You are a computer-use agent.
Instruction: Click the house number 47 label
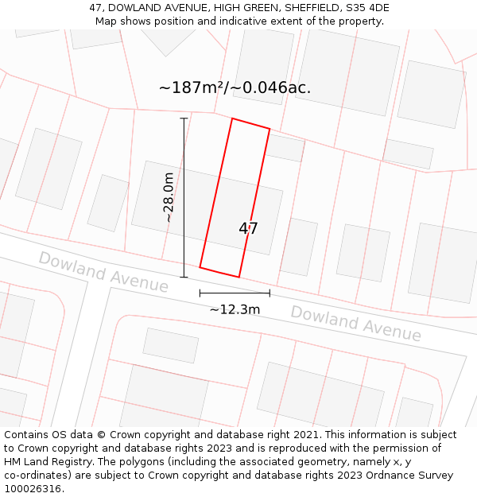pyautogui.click(x=248, y=229)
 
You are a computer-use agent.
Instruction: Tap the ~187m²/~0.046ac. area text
pyautogui.click(x=235, y=88)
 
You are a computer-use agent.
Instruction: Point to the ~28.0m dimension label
pyautogui.click(x=169, y=197)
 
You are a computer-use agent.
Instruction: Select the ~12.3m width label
pyautogui.click(x=235, y=309)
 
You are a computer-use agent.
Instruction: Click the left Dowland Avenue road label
pyautogui.click(x=103, y=272)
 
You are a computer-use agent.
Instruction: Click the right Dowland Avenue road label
pyautogui.click(x=355, y=323)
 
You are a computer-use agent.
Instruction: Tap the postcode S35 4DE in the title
pyautogui.click(x=365, y=8)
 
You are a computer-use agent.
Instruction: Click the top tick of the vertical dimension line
pyautogui.click(x=184, y=118)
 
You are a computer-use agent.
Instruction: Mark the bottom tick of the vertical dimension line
pyautogui.click(x=184, y=278)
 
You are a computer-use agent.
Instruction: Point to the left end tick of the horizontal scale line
pyautogui.click(x=200, y=293)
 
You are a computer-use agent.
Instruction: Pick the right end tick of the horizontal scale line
pyautogui.click(x=270, y=293)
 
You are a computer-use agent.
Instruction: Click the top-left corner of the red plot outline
pyautogui.click(x=232, y=119)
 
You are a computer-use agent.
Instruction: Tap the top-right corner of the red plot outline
pyautogui.click(x=270, y=129)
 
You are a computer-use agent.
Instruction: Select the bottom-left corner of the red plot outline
pyautogui.click(x=200, y=267)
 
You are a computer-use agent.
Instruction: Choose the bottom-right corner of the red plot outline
pyautogui.click(x=238, y=278)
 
